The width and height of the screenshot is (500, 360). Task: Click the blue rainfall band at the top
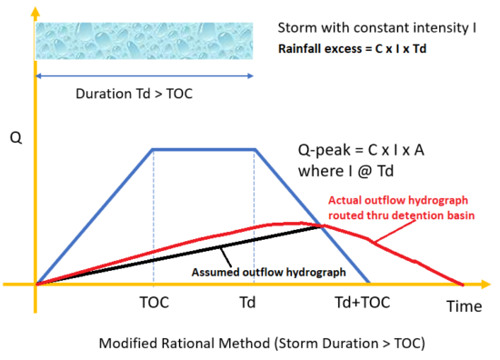click(x=143, y=42)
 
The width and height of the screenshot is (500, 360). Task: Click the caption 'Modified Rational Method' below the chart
click(x=245, y=344)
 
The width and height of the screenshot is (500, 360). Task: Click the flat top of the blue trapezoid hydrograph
click(x=202, y=149)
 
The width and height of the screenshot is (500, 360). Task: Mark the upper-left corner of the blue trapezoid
click(x=152, y=149)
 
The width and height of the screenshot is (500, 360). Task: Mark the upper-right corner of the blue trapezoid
click(x=252, y=149)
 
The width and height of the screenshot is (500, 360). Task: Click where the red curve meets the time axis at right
click(x=464, y=284)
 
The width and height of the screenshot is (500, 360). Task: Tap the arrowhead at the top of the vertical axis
click(x=35, y=9)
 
